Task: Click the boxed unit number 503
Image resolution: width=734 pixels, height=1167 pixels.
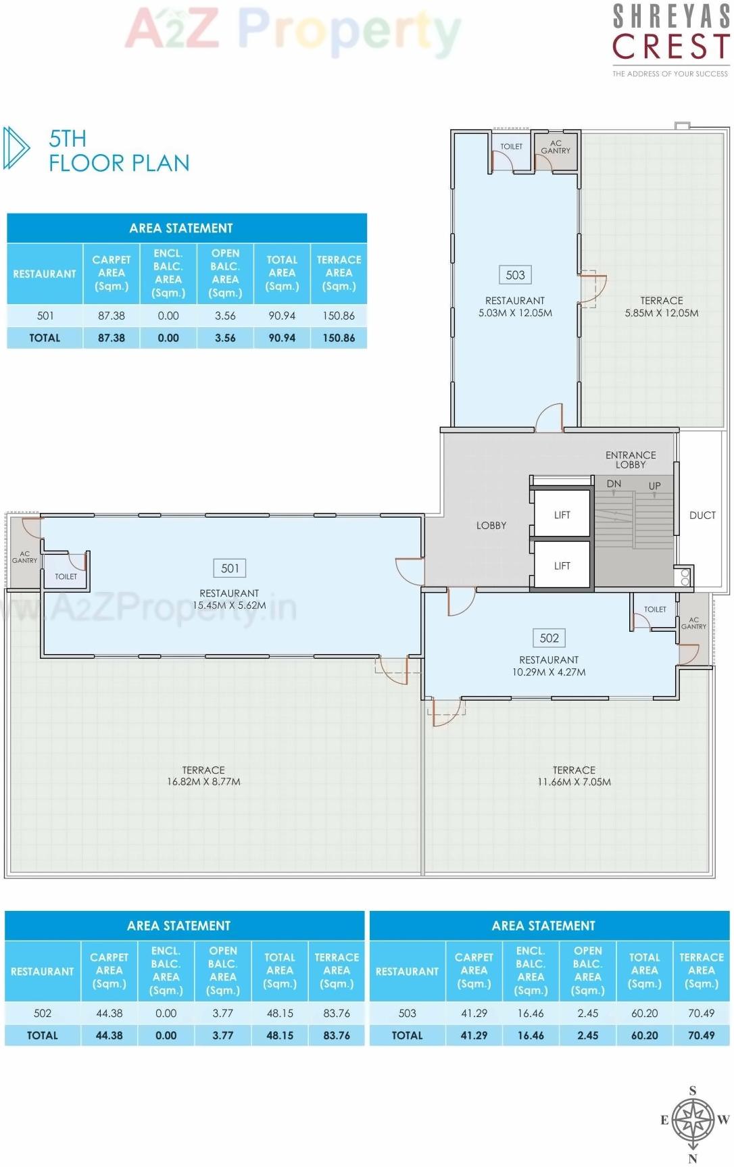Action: click(515, 275)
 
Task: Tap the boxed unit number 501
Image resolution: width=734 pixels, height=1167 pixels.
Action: click(230, 568)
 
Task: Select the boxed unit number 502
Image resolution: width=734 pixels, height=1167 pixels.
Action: click(549, 638)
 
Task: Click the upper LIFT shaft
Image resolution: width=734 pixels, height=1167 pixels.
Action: click(562, 515)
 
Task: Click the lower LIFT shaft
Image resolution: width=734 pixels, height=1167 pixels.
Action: click(562, 566)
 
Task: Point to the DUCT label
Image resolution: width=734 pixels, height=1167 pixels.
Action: click(702, 516)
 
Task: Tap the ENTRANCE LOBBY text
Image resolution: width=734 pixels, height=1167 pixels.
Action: click(630, 460)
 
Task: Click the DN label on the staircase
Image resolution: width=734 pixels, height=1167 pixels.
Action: click(614, 484)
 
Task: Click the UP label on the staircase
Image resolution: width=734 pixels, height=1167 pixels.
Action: click(654, 486)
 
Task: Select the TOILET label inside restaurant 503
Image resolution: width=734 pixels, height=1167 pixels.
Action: click(511, 147)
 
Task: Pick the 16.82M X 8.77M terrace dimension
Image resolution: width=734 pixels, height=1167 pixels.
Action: click(203, 782)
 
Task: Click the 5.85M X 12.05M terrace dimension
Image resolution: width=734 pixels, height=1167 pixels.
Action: click(661, 313)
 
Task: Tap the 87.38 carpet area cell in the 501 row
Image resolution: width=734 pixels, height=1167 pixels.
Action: click(112, 316)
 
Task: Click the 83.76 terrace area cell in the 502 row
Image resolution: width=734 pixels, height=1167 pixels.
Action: click(337, 1013)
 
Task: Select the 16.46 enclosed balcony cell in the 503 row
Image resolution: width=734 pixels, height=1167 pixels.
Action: click(531, 1013)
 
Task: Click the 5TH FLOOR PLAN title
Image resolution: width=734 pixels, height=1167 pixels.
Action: click(118, 151)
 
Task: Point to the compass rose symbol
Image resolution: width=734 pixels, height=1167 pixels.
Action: click(693, 1119)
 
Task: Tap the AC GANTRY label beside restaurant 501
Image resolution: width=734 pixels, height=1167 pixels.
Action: click(24, 557)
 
